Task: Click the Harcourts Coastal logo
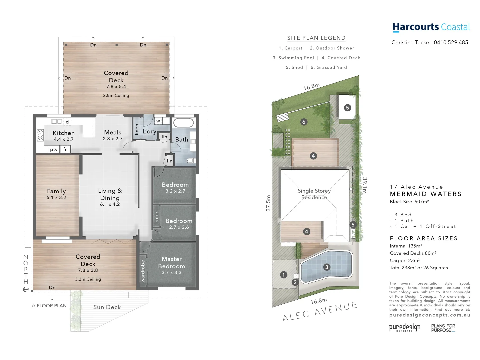431,27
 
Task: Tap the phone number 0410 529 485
451,42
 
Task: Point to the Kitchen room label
64,133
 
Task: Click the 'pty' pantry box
54,150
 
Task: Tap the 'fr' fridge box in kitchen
65,150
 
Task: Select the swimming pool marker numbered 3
327,267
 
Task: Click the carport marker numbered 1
284,275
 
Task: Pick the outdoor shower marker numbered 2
295,282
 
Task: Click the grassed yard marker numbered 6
304,122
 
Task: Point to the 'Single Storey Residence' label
314,194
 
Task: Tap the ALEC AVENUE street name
320,312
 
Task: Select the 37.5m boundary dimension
268,203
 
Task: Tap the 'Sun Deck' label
107,307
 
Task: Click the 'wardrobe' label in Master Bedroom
143,271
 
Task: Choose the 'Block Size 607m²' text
409,202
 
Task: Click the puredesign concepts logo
405,327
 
